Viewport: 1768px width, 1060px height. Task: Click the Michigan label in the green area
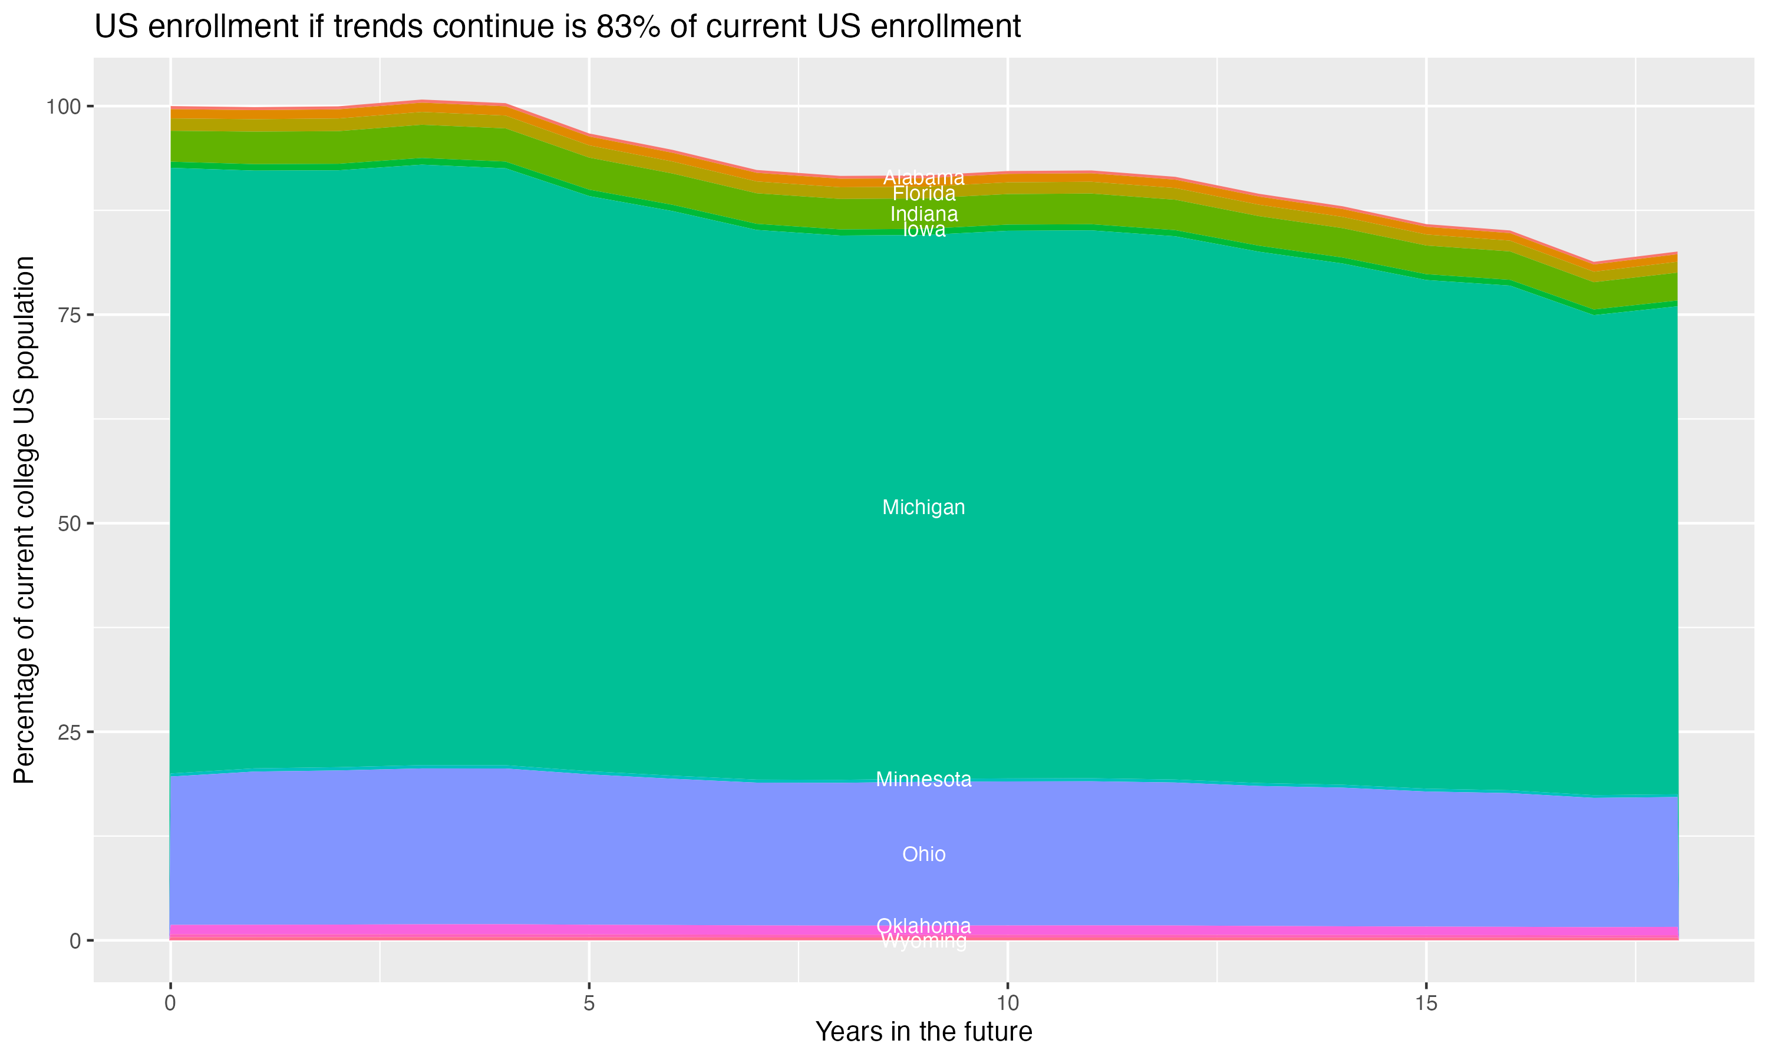923,508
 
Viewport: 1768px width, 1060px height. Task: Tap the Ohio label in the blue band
923,854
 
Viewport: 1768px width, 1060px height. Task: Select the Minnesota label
923,779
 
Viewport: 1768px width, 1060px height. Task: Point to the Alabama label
923,177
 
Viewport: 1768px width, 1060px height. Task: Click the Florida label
923,194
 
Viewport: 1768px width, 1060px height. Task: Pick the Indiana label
923,214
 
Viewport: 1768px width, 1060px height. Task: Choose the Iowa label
923,229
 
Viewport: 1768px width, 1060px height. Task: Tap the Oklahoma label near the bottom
923,926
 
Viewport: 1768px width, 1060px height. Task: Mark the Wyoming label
923,942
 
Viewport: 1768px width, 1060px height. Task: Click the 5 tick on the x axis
589,1003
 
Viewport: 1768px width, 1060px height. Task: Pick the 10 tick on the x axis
1007,1003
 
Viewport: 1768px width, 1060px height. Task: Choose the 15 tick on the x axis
1426,1003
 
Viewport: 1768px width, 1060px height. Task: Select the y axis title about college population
24,519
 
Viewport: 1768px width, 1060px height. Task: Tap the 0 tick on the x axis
170,1003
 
